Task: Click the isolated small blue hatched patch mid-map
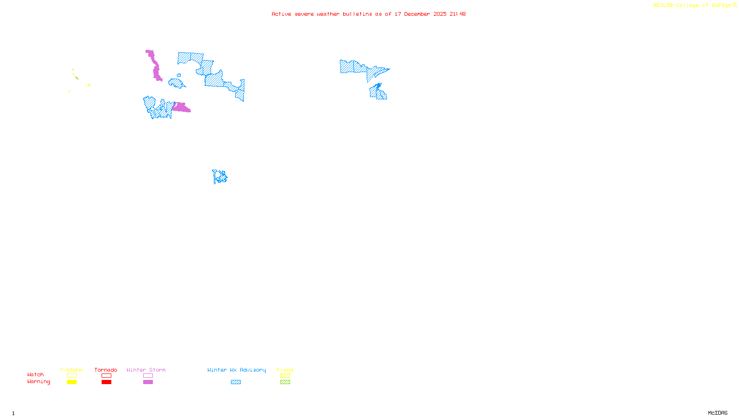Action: pyautogui.click(x=220, y=177)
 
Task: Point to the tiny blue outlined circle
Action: pyautogui.click(x=179, y=75)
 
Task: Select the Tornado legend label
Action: pyautogui.click(x=106, y=370)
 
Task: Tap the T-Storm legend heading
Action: pyautogui.click(x=71, y=370)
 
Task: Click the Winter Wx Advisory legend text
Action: pyautogui.click(x=236, y=370)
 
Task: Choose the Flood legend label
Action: pyautogui.click(x=285, y=370)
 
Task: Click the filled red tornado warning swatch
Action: pyautogui.click(x=106, y=382)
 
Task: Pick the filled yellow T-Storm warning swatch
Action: pyautogui.click(x=72, y=382)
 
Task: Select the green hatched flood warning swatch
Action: pyautogui.click(x=285, y=382)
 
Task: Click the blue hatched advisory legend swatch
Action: pyautogui.click(x=236, y=382)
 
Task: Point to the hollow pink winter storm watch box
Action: pyautogui.click(x=148, y=376)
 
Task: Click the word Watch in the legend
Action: pyautogui.click(x=36, y=374)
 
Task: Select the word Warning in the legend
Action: pyautogui.click(x=38, y=382)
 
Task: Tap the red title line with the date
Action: pyautogui.click(x=369, y=14)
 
